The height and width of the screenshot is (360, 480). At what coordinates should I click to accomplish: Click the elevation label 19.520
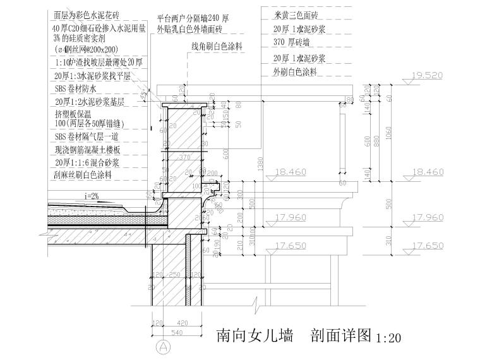pos(424,75)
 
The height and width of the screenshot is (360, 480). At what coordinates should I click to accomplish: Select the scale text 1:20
pos(388,339)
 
